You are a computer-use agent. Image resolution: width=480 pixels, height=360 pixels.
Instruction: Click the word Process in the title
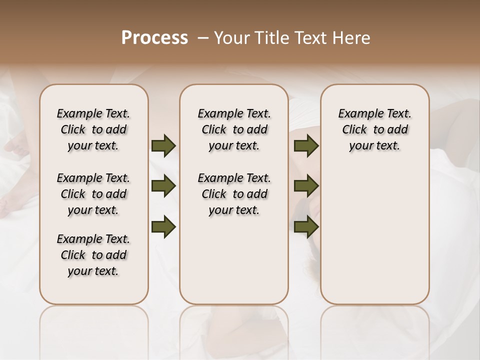pyautogui.click(x=154, y=38)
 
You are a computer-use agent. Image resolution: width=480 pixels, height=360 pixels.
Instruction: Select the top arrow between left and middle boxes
pyautogui.click(x=163, y=146)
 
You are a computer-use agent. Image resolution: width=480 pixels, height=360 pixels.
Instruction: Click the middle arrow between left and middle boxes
pyautogui.click(x=163, y=186)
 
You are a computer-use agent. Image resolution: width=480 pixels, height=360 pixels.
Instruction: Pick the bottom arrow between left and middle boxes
pyautogui.click(x=163, y=226)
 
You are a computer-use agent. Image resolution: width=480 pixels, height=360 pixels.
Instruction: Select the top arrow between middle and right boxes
pyautogui.click(x=306, y=146)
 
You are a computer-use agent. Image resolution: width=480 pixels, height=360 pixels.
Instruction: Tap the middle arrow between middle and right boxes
pyautogui.click(x=306, y=186)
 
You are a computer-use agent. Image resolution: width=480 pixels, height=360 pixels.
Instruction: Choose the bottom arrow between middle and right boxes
pyautogui.click(x=306, y=226)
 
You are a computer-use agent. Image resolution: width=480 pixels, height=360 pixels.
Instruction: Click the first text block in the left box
pyautogui.click(x=93, y=129)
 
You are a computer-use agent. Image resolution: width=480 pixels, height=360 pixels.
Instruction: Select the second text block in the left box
pyautogui.click(x=93, y=194)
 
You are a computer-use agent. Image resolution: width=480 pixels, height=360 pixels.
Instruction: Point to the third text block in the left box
pyautogui.click(x=93, y=255)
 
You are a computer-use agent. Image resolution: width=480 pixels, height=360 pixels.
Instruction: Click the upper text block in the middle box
pyautogui.click(x=234, y=129)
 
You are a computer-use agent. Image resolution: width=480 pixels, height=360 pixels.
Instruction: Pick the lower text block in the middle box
pyautogui.click(x=234, y=194)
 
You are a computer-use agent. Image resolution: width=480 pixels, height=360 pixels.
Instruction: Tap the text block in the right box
pyautogui.click(x=375, y=129)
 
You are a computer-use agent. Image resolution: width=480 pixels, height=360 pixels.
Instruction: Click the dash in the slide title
pyautogui.click(x=202, y=38)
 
